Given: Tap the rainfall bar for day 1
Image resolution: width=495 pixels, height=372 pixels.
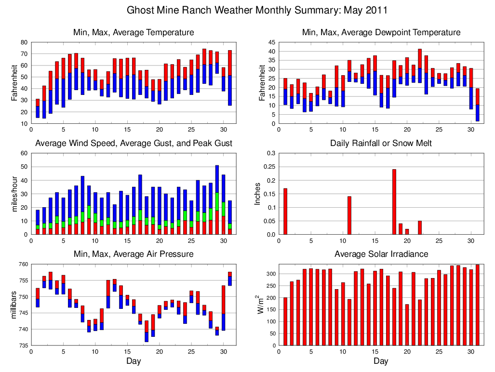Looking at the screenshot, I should coord(285,211).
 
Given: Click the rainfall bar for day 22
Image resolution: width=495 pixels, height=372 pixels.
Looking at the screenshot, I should coord(420,227).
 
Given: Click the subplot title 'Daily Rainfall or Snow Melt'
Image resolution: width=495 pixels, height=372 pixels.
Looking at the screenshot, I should coord(381,143).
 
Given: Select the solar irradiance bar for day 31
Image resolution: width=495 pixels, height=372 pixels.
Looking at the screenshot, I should coord(478,305).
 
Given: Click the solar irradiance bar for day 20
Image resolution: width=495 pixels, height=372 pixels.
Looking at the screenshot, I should coord(407,325).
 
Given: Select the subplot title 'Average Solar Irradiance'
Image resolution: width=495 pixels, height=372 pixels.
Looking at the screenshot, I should coord(381,254).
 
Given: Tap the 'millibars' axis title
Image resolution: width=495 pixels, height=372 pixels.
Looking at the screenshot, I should coord(14,305).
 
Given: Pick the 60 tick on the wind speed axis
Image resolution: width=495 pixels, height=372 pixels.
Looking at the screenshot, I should coord(25,153).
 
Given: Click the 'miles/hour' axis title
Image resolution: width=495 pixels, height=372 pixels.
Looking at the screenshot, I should coord(14,194).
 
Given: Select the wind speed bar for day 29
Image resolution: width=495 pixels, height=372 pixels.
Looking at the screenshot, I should coord(217,199).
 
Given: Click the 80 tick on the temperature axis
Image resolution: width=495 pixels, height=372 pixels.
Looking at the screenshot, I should coord(25,42).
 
